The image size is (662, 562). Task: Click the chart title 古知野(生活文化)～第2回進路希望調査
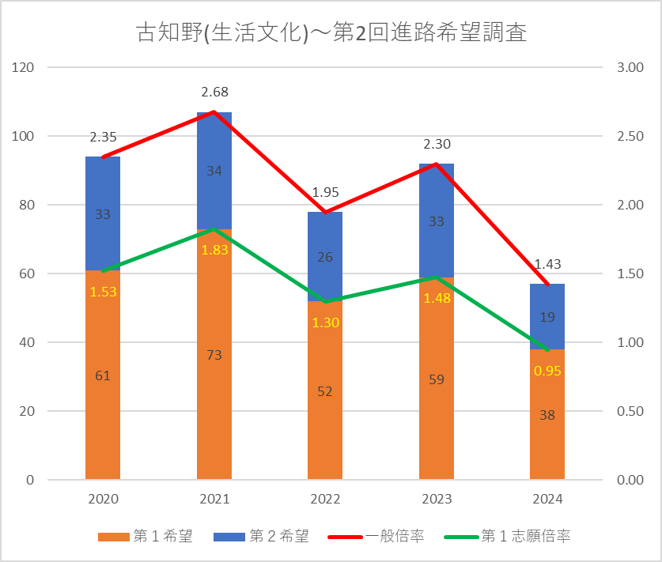coord(331,33)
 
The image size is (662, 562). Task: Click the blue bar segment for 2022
coord(325,237)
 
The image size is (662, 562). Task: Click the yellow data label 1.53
coord(103,292)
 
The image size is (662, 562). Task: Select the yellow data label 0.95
coord(547,370)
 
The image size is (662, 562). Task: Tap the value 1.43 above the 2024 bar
coord(547,265)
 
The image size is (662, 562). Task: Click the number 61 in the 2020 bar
coord(103,375)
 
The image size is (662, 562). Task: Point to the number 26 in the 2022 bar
coord(325,257)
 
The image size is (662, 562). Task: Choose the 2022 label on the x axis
coord(325,500)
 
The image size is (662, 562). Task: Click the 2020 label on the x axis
coord(103,500)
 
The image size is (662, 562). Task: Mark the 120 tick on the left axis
coord(24,68)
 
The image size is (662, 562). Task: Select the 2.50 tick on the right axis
coord(630,137)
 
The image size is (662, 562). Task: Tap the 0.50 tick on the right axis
coord(630,411)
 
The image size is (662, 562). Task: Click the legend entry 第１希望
coord(146,537)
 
